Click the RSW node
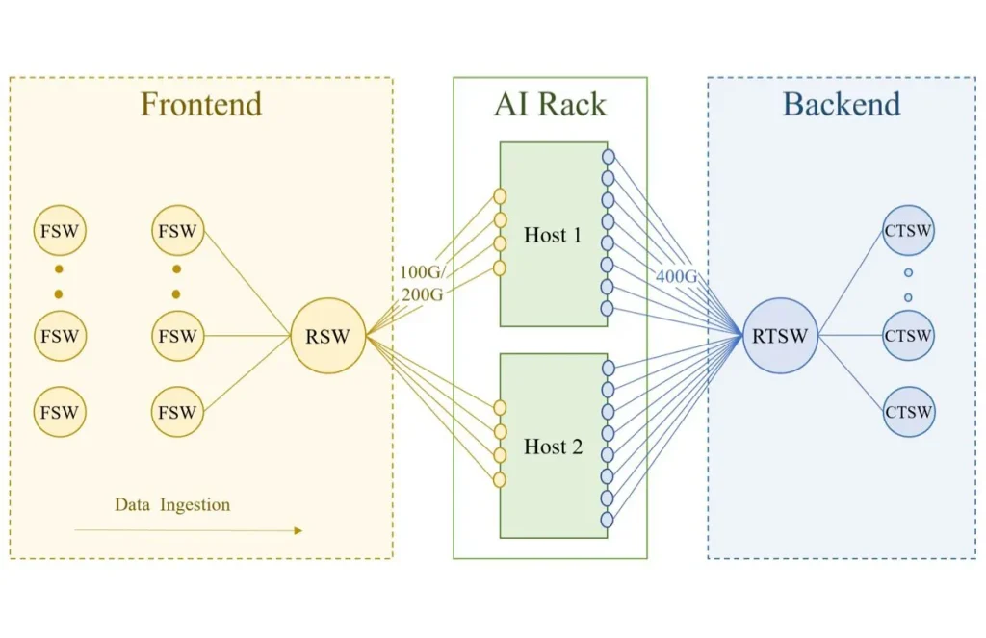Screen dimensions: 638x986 (328, 336)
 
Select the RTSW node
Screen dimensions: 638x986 (779, 336)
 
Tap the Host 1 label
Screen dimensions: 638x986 (553, 235)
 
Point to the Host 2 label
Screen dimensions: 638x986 (553, 447)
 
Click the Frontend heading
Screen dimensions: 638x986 (201, 104)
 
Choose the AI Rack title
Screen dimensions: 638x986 (550, 104)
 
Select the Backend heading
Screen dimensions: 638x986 (841, 104)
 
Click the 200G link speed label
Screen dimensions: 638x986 (422, 294)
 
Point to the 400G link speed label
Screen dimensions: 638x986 (676, 277)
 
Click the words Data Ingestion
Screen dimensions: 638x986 (172, 504)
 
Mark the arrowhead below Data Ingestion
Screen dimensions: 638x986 (298, 530)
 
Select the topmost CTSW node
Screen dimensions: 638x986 (908, 231)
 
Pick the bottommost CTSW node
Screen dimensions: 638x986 (908, 412)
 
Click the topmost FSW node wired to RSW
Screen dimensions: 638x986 (177, 231)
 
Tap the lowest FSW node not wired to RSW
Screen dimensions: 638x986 (59, 412)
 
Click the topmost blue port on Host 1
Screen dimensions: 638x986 (608, 156)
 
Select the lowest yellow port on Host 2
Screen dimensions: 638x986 (499, 478)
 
